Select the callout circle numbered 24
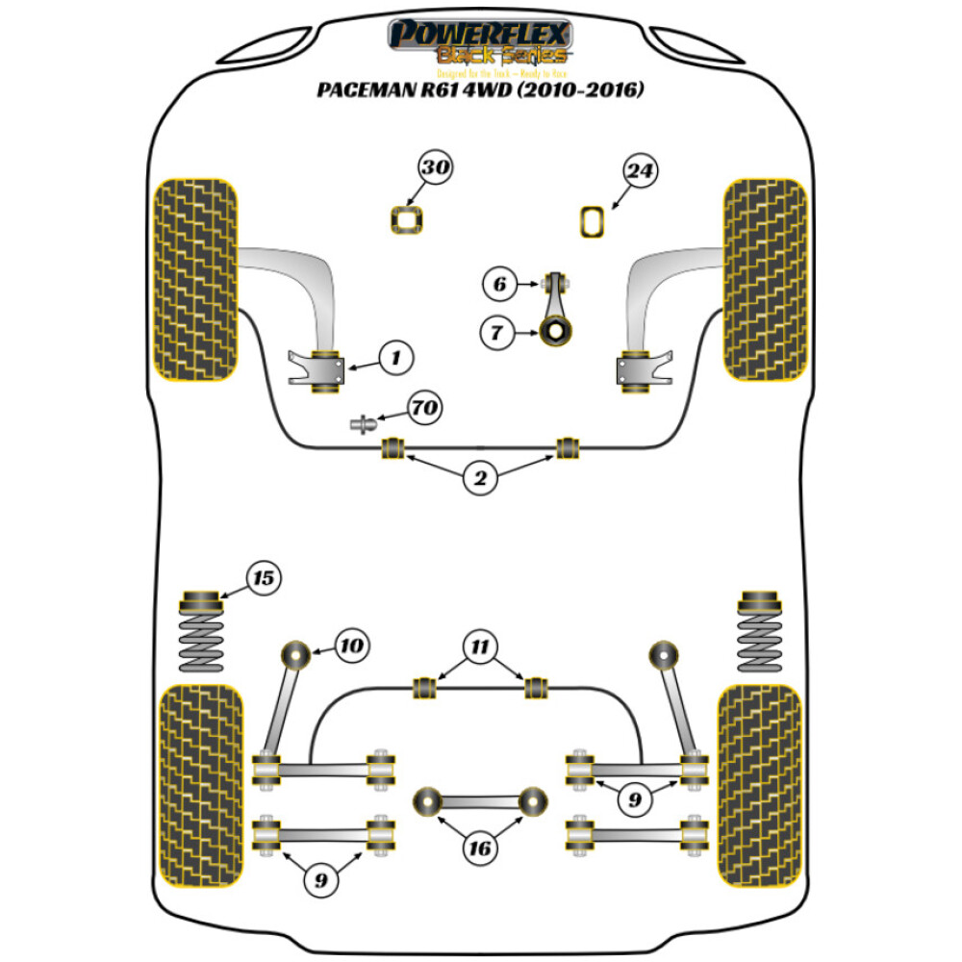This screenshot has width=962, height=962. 640,171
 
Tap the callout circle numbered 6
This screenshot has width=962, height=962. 498,284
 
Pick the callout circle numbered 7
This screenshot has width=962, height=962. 498,334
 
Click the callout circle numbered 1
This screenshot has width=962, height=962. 394,359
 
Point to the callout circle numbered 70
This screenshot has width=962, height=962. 424,408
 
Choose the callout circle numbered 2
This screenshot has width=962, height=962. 479,479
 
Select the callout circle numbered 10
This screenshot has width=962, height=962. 352,645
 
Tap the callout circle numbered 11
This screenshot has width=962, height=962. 479,646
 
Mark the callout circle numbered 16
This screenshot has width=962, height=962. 479,848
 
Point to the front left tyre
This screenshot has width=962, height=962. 195,279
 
